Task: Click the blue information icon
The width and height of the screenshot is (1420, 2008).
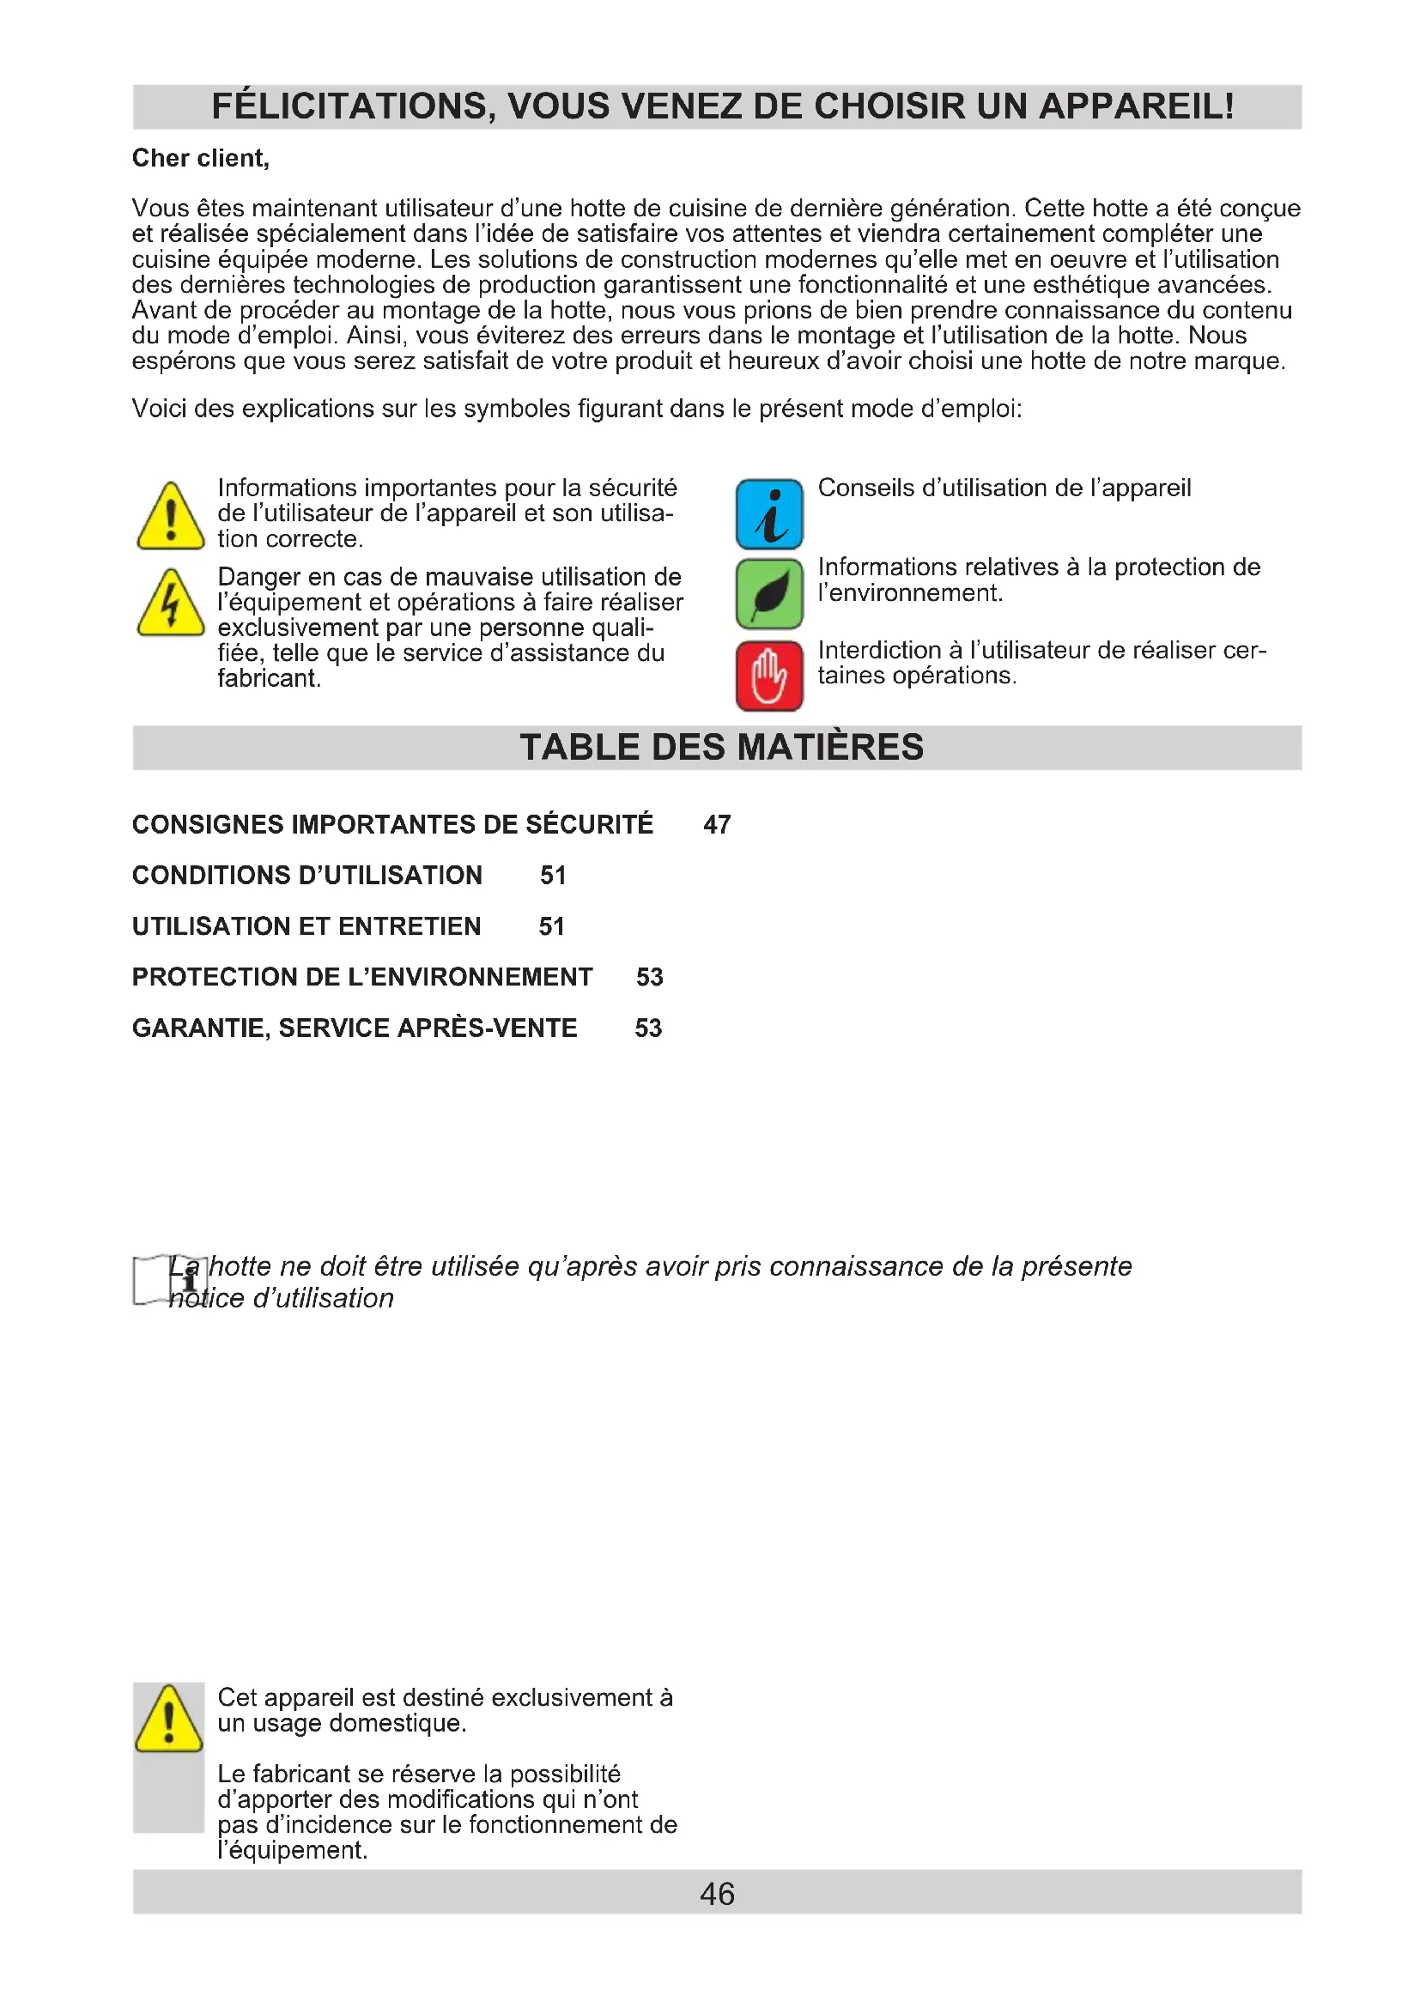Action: tap(768, 514)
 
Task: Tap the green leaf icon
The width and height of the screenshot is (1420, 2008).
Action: tap(768, 594)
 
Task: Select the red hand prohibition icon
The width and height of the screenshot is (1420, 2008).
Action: tap(768, 675)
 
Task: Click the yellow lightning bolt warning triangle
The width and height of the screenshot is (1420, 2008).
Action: tap(171, 604)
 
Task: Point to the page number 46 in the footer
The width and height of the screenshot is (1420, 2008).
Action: tap(717, 1894)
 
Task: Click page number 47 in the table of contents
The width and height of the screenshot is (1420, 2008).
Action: tap(717, 825)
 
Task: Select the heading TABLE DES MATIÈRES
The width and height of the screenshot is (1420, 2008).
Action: tap(721, 748)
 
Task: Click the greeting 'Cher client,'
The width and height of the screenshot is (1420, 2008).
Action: tap(200, 158)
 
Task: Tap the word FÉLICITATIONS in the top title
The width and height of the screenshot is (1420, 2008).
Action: tap(353, 106)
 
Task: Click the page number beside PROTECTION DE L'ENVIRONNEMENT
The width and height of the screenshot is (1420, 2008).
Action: tap(650, 977)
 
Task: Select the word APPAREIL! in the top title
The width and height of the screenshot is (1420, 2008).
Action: tap(1137, 106)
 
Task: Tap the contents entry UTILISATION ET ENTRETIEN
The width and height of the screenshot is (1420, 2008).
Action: tap(306, 926)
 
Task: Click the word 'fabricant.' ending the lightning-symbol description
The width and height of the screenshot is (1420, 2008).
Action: tap(270, 679)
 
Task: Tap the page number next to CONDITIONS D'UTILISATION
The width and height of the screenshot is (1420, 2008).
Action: tap(553, 876)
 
